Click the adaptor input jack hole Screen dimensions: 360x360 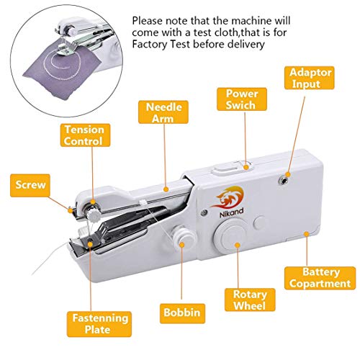coord(287,174)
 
